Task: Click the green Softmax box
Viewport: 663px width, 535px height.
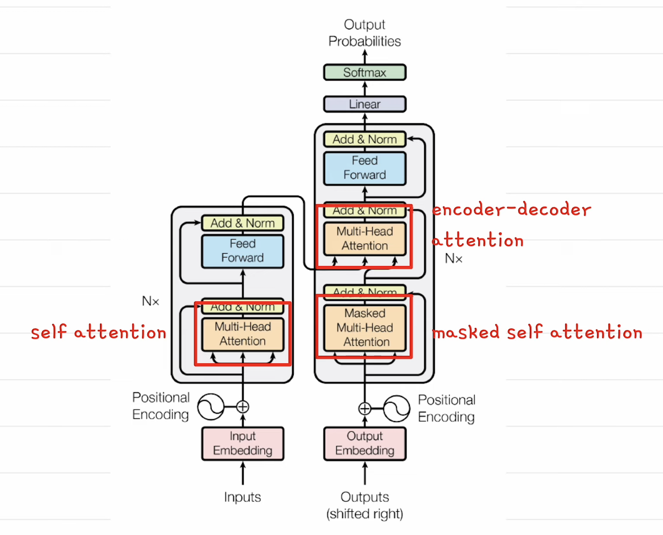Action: pyautogui.click(x=364, y=72)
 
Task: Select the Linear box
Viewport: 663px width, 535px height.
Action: pyautogui.click(x=364, y=104)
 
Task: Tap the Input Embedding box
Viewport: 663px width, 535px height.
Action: pyautogui.click(x=243, y=443)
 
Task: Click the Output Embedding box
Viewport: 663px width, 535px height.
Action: pyautogui.click(x=364, y=443)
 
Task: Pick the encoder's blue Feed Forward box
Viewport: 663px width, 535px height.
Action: pyautogui.click(x=243, y=251)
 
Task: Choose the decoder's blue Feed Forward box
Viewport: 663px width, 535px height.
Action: pyautogui.click(x=364, y=168)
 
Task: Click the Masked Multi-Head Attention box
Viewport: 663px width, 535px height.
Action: pyautogui.click(x=365, y=328)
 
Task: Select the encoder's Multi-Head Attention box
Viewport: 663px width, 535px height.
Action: pyautogui.click(x=243, y=334)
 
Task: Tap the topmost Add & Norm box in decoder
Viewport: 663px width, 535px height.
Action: pyautogui.click(x=364, y=139)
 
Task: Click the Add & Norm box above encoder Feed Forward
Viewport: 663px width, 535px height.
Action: pyautogui.click(x=243, y=223)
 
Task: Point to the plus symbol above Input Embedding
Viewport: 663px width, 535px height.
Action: pyautogui.click(x=243, y=407)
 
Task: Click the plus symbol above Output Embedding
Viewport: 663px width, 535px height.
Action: pyautogui.click(x=364, y=408)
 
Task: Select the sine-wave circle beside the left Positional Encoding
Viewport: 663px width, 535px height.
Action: pyautogui.click(x=211, y=407)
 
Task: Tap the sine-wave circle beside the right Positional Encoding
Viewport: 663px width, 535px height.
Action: pyautogui.click(x=396, y=408)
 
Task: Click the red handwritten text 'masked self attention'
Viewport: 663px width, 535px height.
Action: pyautogui.click(x=537, y=332)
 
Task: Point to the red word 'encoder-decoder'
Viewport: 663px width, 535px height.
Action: pyautogui.click(x=511, y=210)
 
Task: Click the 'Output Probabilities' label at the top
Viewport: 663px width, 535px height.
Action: pyautogui.click(x=364, y=33)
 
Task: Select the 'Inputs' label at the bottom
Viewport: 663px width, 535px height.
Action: pyautogui.click(x=243, y=497)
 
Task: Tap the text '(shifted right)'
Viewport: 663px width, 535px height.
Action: pyautogui.click(x=364, y=514)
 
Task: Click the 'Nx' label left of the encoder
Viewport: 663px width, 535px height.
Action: pyautogui.click(x=151, y=301)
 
